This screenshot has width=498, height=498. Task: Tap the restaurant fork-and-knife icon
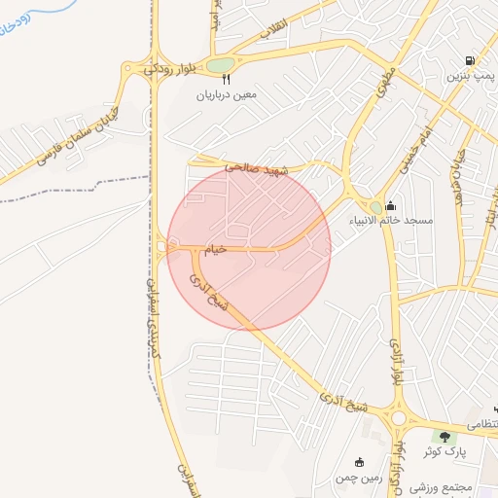(227, 81)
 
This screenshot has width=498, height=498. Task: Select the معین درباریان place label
(228, 95)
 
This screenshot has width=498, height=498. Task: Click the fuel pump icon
(471, 60)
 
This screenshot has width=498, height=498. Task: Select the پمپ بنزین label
(472, 75)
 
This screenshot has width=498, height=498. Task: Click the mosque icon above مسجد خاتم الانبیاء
(390, 205)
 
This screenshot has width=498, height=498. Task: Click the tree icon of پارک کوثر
(446, 438)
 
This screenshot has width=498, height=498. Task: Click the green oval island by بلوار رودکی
(221, 66)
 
